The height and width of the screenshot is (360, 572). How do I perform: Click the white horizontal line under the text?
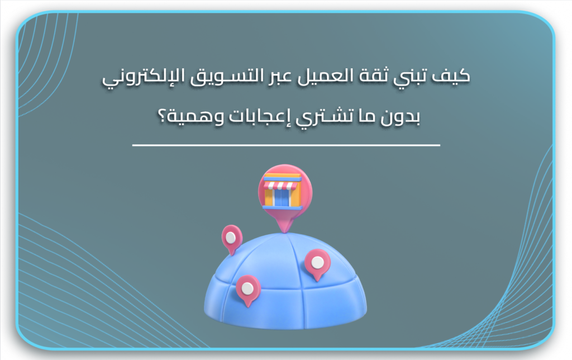coord(286,145)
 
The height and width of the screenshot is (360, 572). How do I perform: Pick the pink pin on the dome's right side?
coord(317,263)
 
